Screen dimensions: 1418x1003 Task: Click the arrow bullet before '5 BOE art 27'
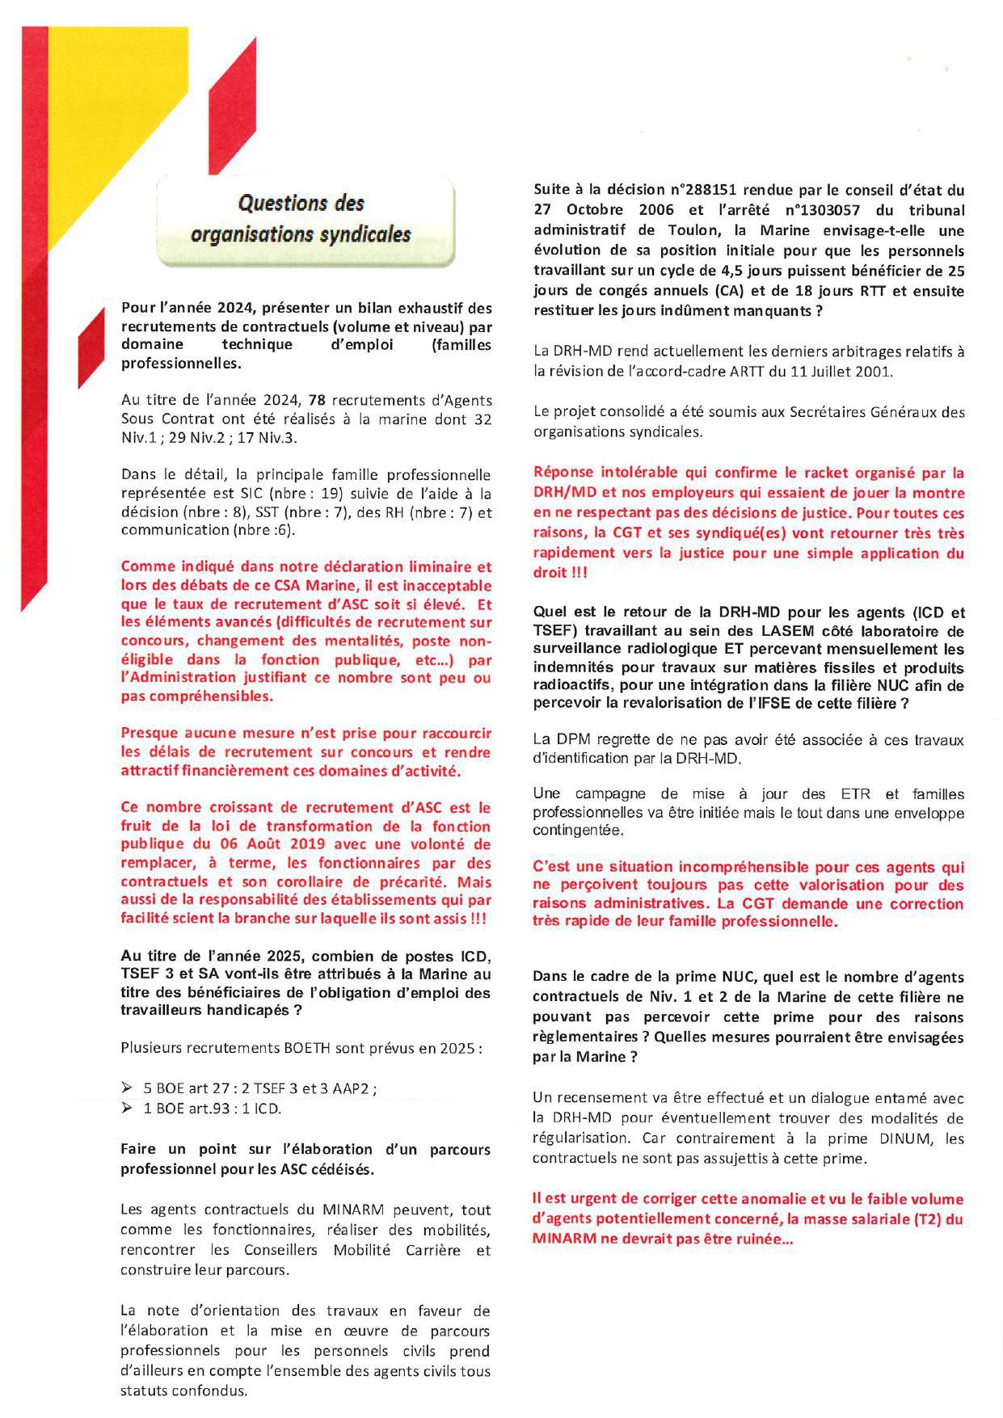[x=126, y=1088]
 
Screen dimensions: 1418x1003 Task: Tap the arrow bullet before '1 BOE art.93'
[x=126, y=1109]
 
